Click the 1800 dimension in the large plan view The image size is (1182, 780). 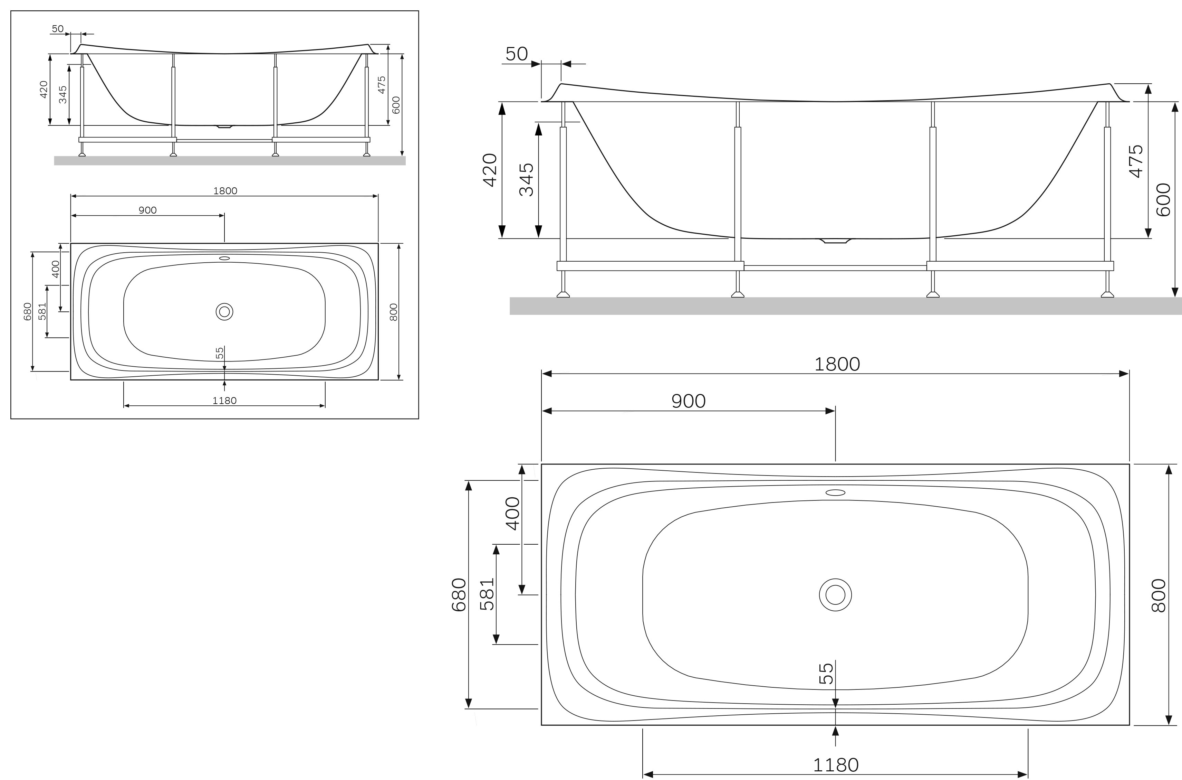[x=837, y=364]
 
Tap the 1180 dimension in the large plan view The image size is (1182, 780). [x=836, y=764]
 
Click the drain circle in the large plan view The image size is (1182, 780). [x=835, y=594]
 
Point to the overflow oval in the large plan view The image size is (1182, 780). [x=835, y=492]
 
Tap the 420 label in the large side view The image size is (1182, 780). [x=490, y=170]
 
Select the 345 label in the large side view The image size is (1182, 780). [x=526, y=180]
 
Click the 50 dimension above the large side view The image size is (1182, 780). [x=517, y=54]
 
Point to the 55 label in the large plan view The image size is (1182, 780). [x=826, y=674]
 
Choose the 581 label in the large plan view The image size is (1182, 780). [x=487, y=593]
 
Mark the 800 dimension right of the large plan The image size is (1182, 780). [x=1158, y=595]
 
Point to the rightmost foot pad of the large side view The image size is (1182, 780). [x=1107, y=294]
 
